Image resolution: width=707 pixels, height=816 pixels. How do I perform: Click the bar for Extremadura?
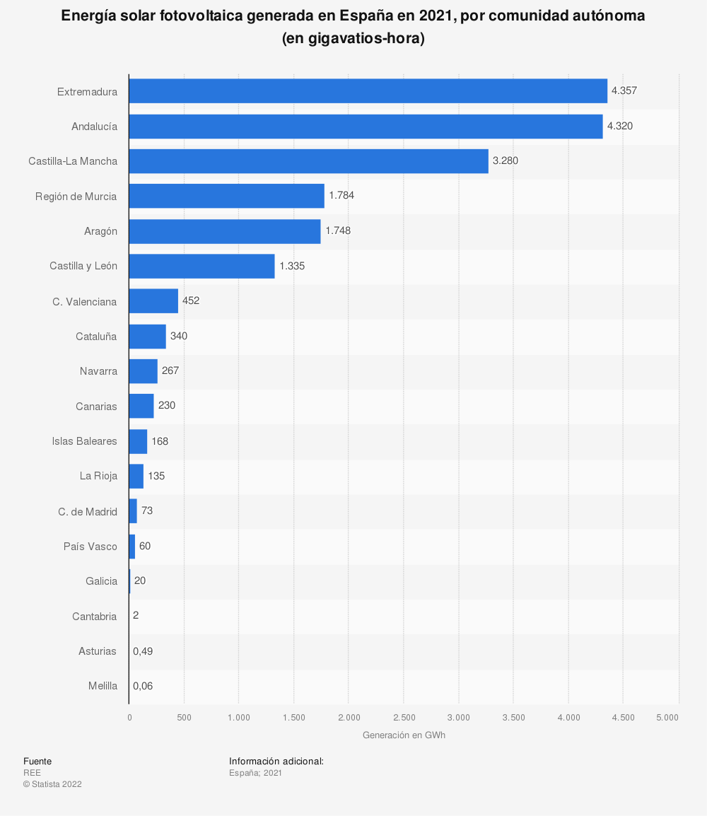point(368,91)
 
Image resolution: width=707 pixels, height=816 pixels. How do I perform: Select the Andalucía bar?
point(366,127)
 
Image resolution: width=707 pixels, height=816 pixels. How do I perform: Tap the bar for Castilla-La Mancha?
point(308,161)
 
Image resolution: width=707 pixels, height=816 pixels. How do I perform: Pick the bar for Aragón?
point(224,231)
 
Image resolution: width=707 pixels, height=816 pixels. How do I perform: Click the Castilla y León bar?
point(201,267)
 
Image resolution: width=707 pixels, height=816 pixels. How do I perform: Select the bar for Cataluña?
point(147,337)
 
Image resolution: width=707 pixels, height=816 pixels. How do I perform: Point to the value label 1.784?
point(341,196)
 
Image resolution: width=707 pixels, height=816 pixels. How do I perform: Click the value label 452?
point(191,301)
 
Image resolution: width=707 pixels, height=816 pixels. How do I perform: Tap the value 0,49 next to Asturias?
point(143,651)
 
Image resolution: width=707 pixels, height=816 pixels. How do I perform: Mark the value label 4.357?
point(624,91)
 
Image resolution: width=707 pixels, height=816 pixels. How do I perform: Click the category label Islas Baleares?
point(85,441)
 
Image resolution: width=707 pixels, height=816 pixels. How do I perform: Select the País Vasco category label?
point(90,546)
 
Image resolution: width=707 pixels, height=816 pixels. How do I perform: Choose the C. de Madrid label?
point(88,511)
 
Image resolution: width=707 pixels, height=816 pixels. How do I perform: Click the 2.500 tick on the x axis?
point(404,717)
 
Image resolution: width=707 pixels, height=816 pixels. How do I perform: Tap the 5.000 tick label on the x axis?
point(667,717)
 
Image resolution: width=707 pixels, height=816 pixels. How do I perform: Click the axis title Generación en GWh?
point(404,735)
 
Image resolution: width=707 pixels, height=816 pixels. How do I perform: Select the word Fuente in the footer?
point(37,761)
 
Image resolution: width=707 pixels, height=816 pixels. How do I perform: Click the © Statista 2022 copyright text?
point(52,784)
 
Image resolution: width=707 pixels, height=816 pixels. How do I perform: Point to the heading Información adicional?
point(276,761)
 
